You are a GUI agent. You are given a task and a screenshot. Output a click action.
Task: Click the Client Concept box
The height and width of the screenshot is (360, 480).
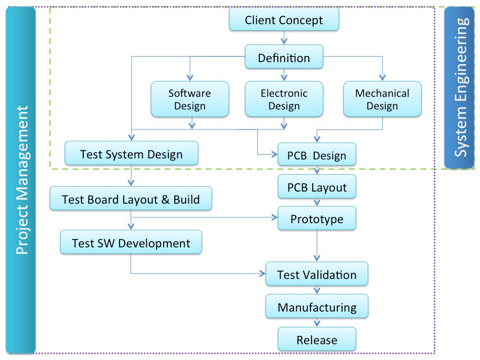coord(284,19)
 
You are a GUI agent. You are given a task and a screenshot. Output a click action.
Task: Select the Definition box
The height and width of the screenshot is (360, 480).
coord(284,57)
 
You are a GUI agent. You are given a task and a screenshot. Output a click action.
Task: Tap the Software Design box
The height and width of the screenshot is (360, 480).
coord(190,99)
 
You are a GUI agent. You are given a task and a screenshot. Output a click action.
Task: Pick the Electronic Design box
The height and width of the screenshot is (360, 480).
coord(284,99)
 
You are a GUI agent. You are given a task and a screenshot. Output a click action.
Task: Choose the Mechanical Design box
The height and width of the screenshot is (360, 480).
coord(382,99)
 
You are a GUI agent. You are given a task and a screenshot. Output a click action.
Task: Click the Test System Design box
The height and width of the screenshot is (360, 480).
coord(132,153)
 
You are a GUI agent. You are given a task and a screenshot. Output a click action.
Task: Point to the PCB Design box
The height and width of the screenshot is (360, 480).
coord(317,154)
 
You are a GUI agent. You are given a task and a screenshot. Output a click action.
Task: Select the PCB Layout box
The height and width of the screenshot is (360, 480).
coord(317,186)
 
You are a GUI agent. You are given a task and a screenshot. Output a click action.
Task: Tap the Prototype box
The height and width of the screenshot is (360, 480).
coord(317,218)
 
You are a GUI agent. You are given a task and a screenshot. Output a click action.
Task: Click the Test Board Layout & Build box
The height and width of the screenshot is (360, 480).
coord(131,198)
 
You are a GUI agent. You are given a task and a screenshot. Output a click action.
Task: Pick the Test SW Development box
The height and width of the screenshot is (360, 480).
coord(131,242)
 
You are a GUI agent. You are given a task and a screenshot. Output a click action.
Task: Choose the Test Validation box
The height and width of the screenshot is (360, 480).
coord(317,274)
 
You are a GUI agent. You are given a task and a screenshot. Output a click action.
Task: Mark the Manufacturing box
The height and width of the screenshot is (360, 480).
coord(317,306)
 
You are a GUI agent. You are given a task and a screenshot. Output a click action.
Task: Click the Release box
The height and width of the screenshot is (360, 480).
coord(317,339)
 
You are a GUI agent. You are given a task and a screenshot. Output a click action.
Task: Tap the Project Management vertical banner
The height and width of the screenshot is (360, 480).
coord(21,180)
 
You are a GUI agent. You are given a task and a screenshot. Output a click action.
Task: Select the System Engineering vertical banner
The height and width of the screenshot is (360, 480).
coord(459,87)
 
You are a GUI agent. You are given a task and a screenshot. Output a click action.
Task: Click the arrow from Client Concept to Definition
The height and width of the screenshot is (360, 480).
coord(284,38)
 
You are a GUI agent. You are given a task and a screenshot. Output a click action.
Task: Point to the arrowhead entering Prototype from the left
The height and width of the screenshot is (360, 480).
coord(275,217)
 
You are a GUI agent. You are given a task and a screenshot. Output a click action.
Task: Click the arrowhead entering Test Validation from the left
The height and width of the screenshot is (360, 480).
coord(262,273)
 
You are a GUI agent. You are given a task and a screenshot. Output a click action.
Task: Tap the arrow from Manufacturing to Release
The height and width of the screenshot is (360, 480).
coord(317,322)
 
